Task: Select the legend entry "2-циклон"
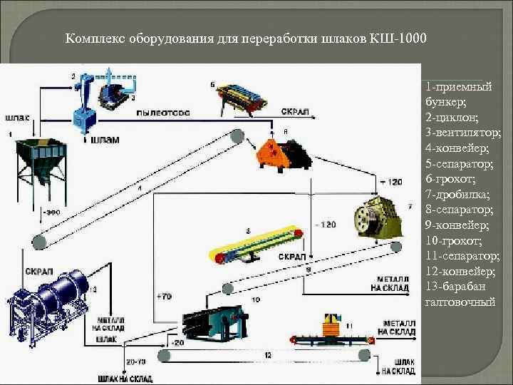click(x=447, y=116)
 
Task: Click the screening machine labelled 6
click(x=246, y=97)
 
